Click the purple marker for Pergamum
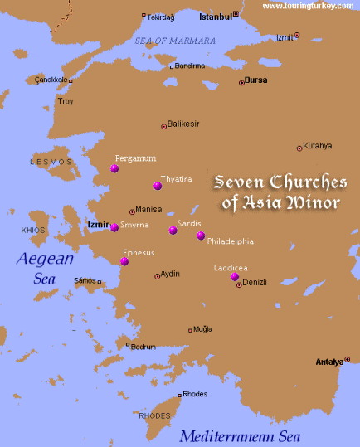point(114,168)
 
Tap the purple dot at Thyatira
point(158,186)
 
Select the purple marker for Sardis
point(173,230)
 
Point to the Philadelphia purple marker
point(201,236)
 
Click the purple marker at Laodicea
point(235,277)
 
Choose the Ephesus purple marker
point(124,261)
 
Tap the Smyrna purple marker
point(114,227)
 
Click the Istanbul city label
point(216,16)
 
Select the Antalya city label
point(329,362)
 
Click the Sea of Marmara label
point(175,41)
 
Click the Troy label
point(66,101)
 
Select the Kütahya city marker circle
point(299,148)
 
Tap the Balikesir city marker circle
point(163,126)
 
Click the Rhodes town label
point(195,394)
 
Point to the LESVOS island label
point(46,161)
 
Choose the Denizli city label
point(255,283)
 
